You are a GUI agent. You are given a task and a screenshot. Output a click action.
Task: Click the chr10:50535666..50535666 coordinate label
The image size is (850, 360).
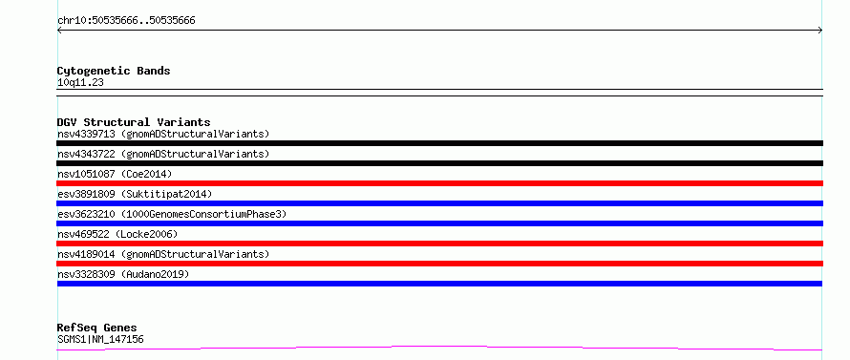coord(126,21)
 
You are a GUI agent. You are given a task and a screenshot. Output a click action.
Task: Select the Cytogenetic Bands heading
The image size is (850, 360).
coord(114,71)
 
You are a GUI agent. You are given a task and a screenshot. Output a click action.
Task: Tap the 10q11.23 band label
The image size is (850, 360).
coord(80,83)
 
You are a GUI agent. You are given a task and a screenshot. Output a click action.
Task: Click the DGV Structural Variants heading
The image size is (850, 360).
coord(134,122)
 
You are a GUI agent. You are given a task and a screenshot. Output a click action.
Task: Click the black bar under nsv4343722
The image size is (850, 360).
coord(439,163)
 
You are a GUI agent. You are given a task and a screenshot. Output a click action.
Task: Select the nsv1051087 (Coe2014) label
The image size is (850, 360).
coord(115,174)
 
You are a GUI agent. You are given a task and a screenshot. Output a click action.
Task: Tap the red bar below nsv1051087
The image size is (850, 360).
coord(439,183)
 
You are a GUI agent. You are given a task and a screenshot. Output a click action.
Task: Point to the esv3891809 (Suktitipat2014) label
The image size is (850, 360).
coord(135,194)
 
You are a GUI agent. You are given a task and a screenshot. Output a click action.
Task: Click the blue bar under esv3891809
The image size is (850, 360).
coord(439,203)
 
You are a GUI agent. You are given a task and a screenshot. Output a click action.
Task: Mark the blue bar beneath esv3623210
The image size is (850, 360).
coord(439,223)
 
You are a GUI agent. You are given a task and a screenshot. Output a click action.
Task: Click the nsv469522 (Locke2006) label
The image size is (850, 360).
coord(117,234)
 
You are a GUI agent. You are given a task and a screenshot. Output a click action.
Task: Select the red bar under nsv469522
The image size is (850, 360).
coord(439,244)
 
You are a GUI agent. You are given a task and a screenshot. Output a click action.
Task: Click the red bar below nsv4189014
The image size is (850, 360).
coord(439,264)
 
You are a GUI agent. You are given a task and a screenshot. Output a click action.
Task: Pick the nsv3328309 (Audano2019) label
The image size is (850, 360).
coord(123,274)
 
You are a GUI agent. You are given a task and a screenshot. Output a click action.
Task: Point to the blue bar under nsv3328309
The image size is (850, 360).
coord(439,284)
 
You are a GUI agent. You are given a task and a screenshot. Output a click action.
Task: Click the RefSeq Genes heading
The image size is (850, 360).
coord(97,328)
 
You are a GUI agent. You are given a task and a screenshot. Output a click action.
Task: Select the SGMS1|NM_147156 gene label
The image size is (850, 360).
coord(100,340)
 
